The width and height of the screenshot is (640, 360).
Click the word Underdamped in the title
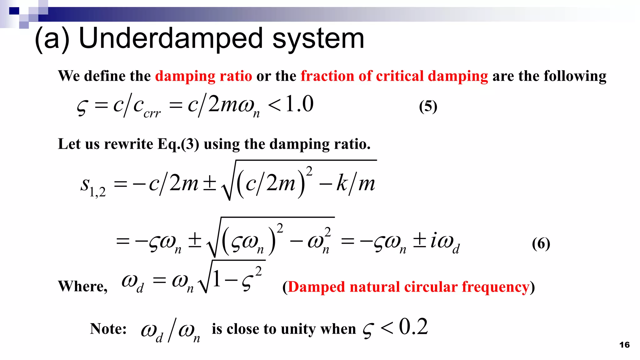pos(171,39)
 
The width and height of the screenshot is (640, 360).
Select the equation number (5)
pos(428,106)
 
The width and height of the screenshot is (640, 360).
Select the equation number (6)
pos(541,243)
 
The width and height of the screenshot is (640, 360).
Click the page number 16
pos(624,345)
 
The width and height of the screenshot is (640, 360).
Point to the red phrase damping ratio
pos(203,76)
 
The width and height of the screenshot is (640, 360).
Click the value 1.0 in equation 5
pos(299,104)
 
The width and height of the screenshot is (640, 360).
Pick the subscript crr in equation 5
pos(152,114)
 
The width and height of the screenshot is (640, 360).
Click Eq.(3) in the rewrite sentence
pos(178,144)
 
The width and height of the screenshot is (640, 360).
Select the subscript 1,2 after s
pos(97,192)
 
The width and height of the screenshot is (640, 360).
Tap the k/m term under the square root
pos(356,184)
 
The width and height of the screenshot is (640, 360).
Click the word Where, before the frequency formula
pos(83,286)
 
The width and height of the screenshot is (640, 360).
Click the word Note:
pos(108,329)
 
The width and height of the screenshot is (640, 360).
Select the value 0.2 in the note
pos(413,327)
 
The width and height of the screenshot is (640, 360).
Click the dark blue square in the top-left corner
pos(14,11)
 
